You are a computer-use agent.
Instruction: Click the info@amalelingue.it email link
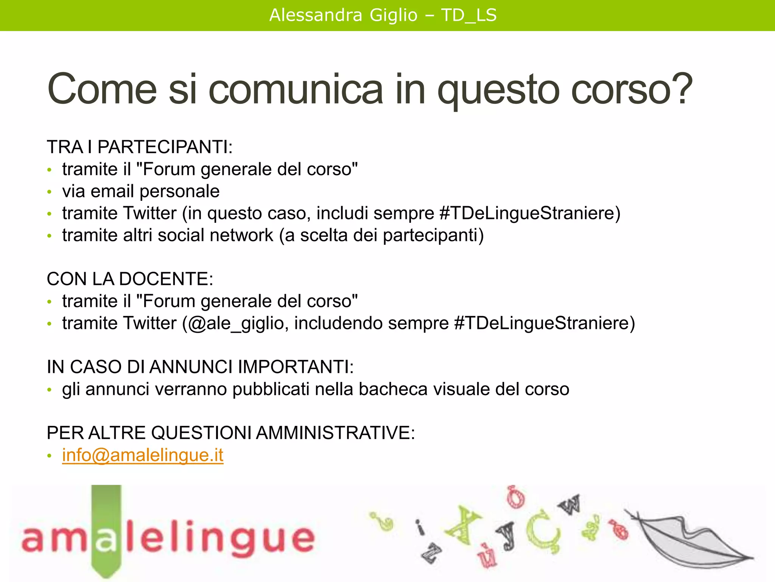coord(143,455)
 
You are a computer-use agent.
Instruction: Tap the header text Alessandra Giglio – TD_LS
coord(383,16)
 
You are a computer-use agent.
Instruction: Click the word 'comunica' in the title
coord(296,89)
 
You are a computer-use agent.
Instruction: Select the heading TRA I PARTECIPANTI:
coord(139,147)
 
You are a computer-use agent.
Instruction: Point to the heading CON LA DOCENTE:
coord(130,279)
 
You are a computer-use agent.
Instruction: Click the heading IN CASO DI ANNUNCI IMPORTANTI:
coord(200,367)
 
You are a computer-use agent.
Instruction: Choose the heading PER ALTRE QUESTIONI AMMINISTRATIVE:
coord(230,433)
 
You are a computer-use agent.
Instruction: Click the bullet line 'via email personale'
coord(141,191)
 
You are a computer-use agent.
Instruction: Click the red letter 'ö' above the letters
coord(515,497)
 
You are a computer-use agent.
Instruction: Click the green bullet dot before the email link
coord(49,456)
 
